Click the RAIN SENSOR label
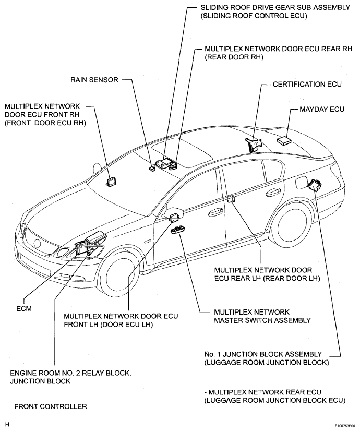click(94, 80)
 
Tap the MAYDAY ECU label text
click(322, 110)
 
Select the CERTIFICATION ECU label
click(307, 85)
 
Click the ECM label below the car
click(24, 308)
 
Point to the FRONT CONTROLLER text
click(48, 406)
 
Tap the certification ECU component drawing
click(253, 144)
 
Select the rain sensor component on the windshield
click(152, 168)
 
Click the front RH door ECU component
click(111, 182)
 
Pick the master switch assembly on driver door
click(178, 230)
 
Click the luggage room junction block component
click(314, 184)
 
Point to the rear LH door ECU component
click(231, 199)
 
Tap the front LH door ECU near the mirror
click(174, 217)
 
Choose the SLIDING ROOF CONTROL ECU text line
click(254, 16)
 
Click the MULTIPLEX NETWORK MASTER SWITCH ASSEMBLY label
click(262, 316)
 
